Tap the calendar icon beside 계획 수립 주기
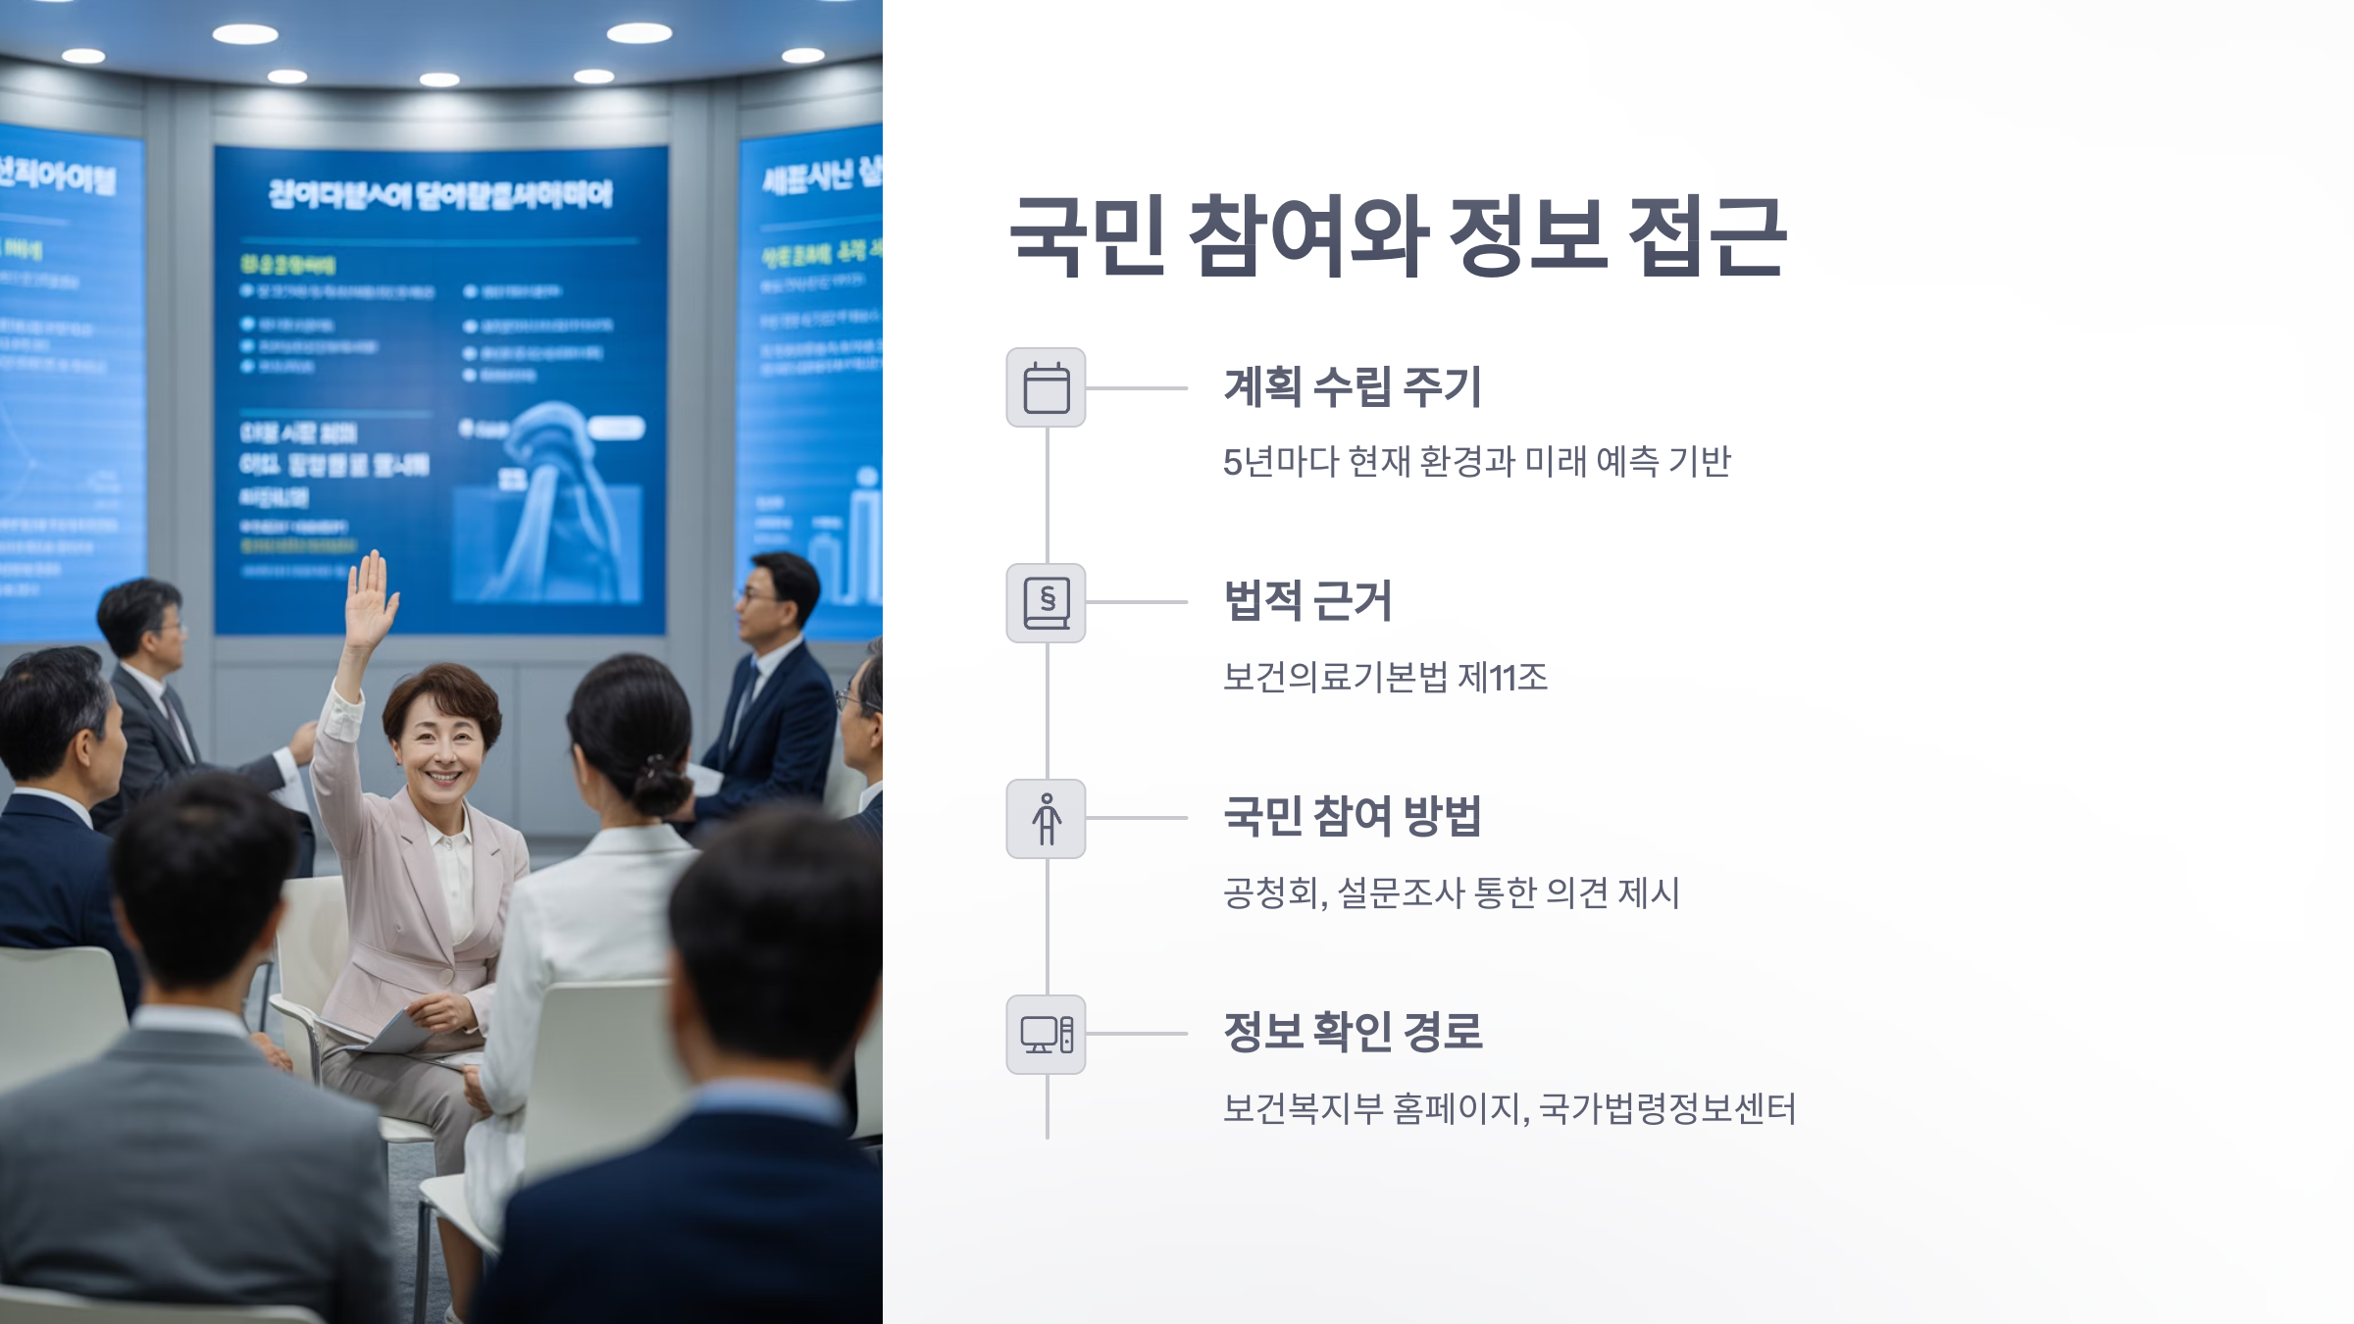pyautogui.click(x=1046, y=387)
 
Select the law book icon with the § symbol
pyautogui.click(x=1046, y=603)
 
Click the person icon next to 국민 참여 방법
pyautogui.click(x=1046, y=819)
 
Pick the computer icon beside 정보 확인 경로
pyautogui.click(x=1046, y=1035)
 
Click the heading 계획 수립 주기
pyautogui.click(x=1352, y=386)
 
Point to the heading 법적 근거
pyautogui.click(x=1307, y=601)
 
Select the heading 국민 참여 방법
pyautogui.click(x=1352, y=816)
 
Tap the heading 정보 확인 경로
pyautogui.click(x=1352, y=1032)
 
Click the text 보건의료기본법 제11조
pyautogui.click(x=1384, y=677)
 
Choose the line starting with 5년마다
pyautogui.click(x=1476, y=461)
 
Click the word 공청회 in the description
pyautogui.click(x=1271, y=893)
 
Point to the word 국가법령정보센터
pyautogui.click(x=1666, y=1109)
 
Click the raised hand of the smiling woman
pyautogui.click(x=371, y=598)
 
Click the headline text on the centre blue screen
pyautogui.click(x=440, y=194)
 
